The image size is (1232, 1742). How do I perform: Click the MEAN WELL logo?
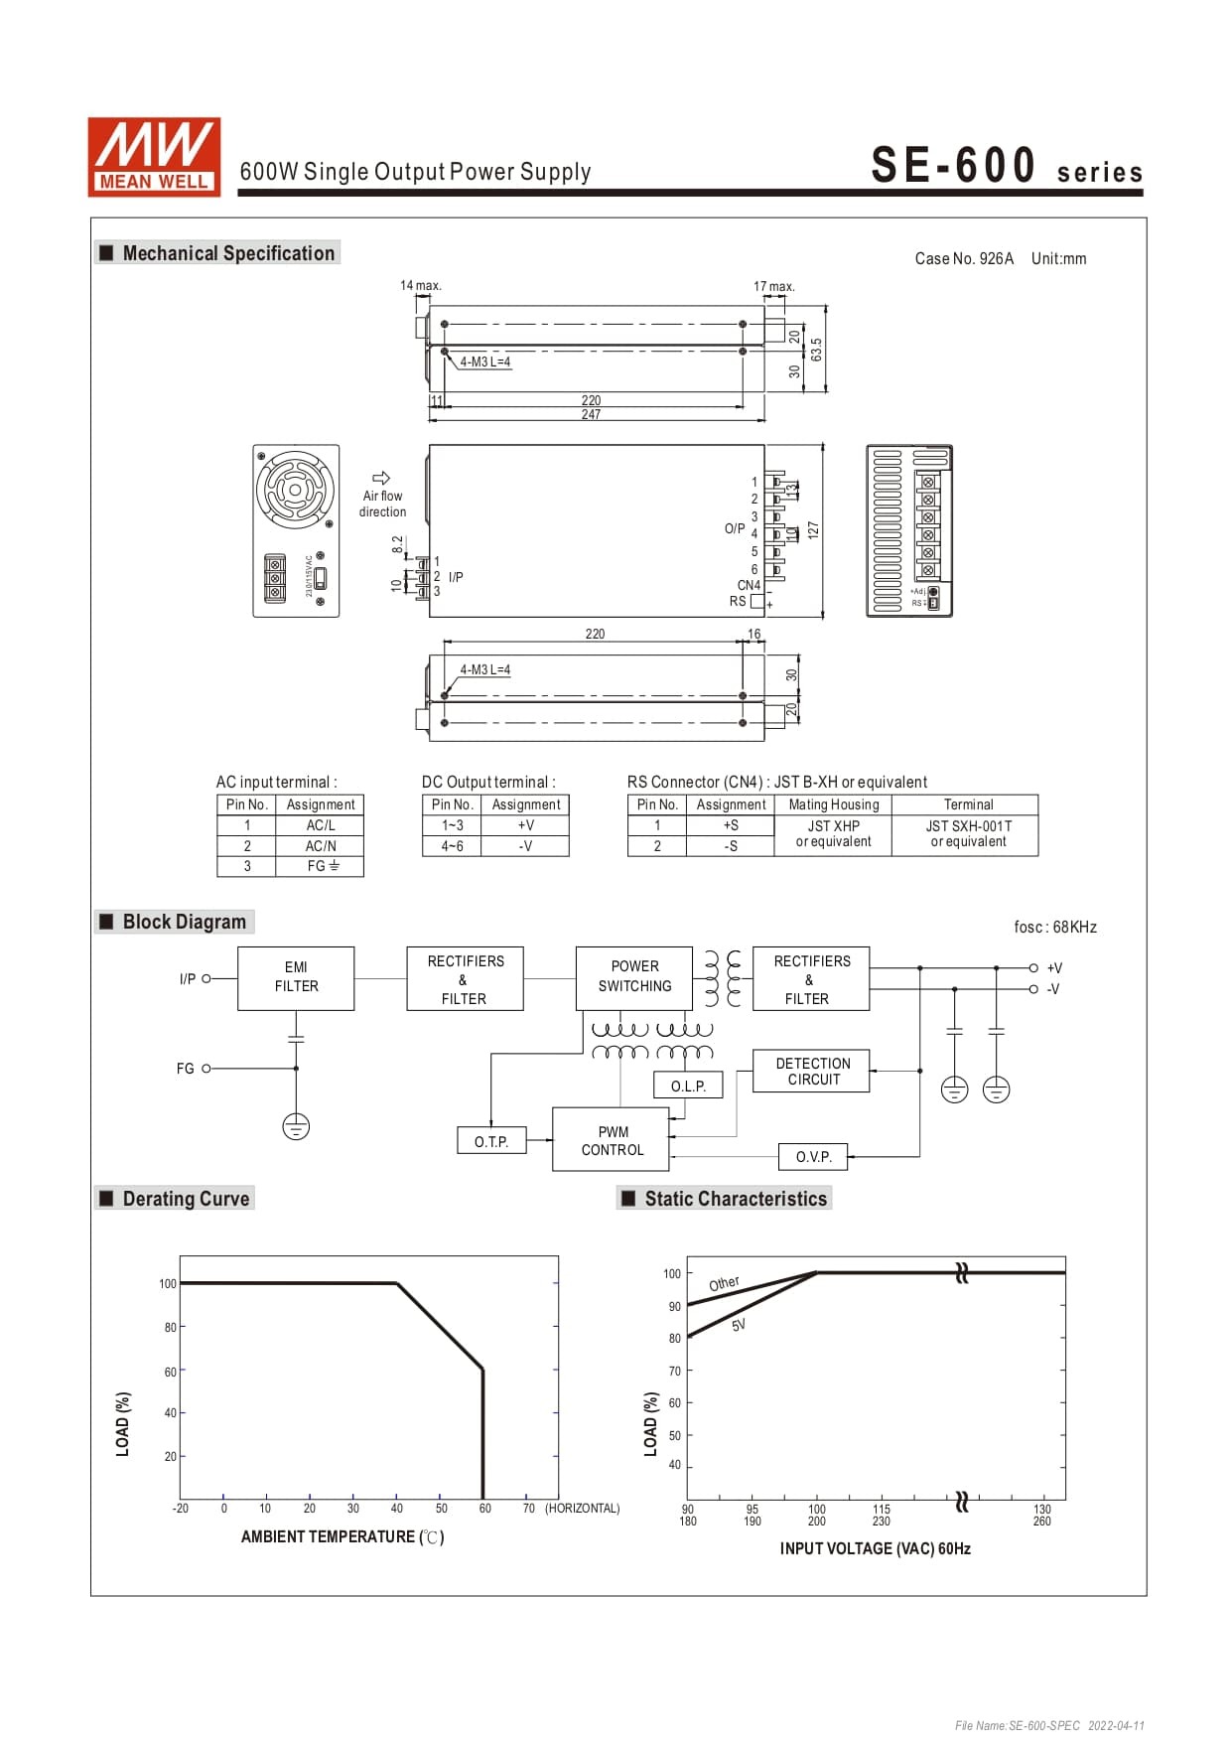154,157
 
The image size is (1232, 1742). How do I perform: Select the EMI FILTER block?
296,977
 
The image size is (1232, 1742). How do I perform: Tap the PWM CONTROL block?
612,1140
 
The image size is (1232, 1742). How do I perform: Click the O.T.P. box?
491,1141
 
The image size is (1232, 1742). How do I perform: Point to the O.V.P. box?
813,1156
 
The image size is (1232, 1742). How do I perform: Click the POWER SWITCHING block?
634,976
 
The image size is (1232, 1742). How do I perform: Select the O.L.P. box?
688,1086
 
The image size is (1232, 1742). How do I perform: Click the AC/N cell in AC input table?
321,846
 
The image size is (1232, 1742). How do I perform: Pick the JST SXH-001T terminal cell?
967,833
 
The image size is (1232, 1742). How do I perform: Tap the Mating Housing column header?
833,804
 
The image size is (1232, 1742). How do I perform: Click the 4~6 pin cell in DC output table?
452,846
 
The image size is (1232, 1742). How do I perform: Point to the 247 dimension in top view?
591,415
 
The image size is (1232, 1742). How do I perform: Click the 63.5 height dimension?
816,350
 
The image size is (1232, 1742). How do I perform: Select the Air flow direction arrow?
381,478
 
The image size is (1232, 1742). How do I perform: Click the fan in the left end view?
295,490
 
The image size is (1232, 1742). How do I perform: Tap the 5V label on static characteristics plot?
738,1325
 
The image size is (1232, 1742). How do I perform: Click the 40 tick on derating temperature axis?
397,1508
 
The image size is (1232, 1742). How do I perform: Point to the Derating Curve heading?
185,1199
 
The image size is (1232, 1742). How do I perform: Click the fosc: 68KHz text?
1054,927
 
